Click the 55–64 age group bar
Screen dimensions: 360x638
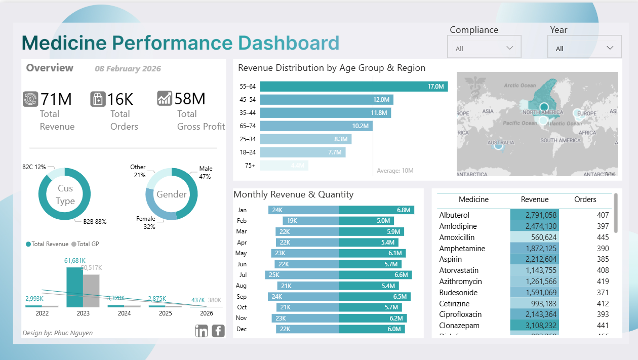click(354, 87)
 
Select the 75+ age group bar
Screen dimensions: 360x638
click(284, 165)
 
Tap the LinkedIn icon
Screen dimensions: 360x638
click(202, 331)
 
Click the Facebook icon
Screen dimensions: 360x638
click(218, 331)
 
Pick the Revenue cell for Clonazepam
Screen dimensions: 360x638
click(534, 326)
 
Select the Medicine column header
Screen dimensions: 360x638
click(473, 199)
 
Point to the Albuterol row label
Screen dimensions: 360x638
click(454, 215)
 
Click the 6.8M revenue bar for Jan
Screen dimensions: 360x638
click(376, 210)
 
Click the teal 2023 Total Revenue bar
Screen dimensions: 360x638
click(74, 287)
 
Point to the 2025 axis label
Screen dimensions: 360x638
click(165, 313)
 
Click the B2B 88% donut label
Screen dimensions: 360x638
click(95, 222)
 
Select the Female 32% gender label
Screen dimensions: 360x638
click(146, 223)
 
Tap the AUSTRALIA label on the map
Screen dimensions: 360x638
click(501, 143)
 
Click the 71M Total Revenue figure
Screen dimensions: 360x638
click(56, 99)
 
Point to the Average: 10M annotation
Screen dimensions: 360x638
click(395, 171)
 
